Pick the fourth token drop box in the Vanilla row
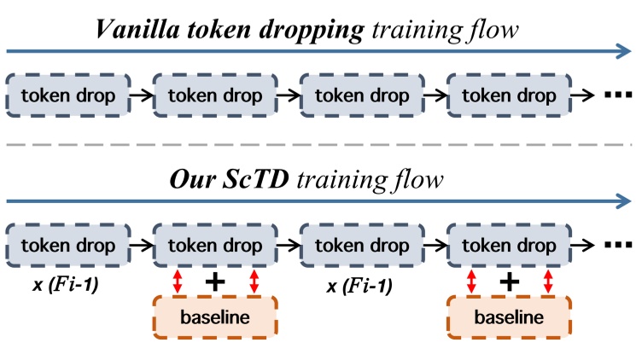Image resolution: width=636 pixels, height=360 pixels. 511,96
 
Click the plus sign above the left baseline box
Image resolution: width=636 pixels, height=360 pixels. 215,282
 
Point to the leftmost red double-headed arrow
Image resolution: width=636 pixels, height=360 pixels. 177,282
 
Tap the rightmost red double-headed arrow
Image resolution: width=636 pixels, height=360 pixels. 548,282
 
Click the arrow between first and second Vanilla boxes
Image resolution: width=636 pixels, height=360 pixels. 142,96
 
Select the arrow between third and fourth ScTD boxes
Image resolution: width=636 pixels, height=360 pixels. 436,246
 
